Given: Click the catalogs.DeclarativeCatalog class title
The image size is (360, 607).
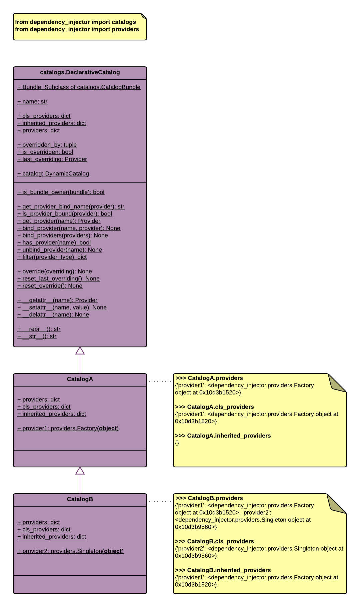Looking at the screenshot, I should tap(80, 72).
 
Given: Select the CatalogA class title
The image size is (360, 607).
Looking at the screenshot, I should tap(80, 379).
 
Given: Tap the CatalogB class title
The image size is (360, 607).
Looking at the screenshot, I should tap(80, 499).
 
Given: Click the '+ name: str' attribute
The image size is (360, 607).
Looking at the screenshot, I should tap(32, 102).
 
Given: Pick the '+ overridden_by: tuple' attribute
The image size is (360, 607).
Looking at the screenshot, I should tap(47, 145).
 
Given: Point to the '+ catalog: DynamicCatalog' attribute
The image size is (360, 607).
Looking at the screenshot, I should tap(53, 174).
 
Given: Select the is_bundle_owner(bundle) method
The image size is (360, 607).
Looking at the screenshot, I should tap(61, 192).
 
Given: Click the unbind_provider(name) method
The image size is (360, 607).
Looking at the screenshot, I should tap(60, 250).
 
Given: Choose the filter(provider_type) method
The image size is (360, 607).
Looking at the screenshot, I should tap(52, 257).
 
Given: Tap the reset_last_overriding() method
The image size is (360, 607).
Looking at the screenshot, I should tap(58, 279).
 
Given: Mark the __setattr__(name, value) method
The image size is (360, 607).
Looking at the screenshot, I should tap(62, 308).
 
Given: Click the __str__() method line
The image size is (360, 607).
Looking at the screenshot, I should tap(37, 336).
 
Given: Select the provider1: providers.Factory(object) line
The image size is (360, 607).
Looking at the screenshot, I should tap(68, 428).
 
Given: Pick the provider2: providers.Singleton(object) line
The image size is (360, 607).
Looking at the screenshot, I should tap(70, 551).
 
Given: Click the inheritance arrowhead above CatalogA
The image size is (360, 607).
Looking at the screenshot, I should tap(80, 351).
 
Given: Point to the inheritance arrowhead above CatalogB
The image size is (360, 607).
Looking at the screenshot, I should tap(80, 471).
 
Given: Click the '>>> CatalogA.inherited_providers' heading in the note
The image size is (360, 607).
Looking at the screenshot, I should tap(223, 436).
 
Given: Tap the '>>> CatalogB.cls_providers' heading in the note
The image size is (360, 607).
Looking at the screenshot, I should tap(214, 541).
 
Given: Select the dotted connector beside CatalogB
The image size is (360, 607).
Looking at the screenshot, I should tap(160, 501).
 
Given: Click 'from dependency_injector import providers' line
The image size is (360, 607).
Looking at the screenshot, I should tap(77, 29).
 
